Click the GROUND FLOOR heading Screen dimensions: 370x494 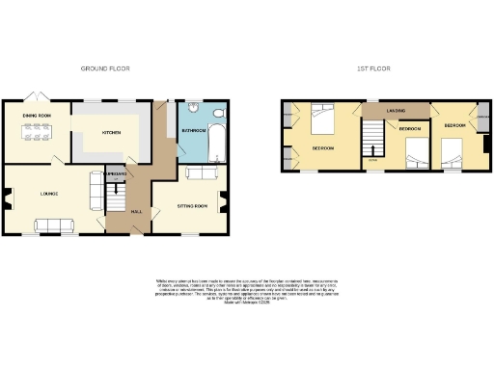(106, 68)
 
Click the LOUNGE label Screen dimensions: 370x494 (49, 194)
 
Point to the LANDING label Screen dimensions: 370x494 (396, 112)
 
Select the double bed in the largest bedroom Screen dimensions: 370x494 (323, 122)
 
